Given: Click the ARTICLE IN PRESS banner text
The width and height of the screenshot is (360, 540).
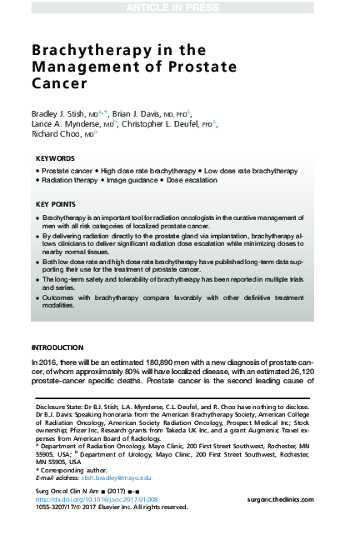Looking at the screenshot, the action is coord(179,8).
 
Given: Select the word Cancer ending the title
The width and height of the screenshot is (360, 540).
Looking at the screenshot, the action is coord(58,84).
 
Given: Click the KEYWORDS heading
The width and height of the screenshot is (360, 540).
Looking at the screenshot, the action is coord(55,157).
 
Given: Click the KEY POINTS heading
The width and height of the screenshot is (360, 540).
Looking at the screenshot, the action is coord(57,203).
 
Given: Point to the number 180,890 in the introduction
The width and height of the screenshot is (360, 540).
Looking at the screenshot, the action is coord(146,362).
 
